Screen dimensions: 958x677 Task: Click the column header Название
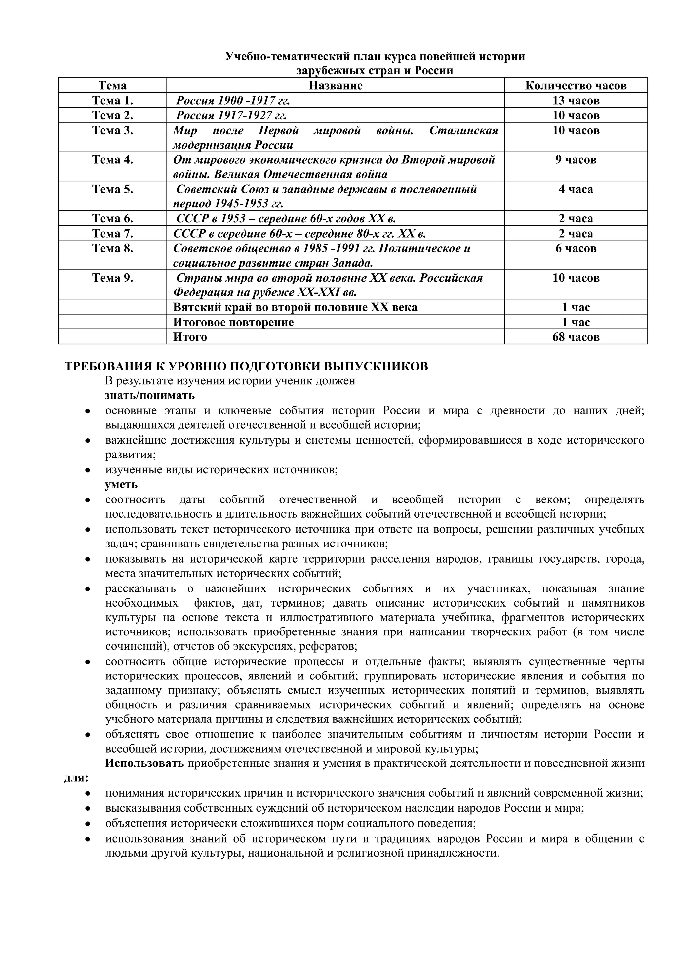[x=336, y=86]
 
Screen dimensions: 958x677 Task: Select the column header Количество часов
[x=576, y=86]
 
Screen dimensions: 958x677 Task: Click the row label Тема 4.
[x=112, y=160]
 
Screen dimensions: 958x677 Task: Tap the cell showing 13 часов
[x=576, y=101]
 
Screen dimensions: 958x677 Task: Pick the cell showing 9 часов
[x=576, y=160]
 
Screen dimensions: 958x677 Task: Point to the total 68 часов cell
[x=576, y=337]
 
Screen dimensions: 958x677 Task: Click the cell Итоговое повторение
[x=233, y=322]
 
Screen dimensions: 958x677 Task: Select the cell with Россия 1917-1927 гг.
[x=231, y=115]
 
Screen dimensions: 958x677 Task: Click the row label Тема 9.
[x=112, y=278]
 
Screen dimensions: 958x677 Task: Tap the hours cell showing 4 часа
[x=576, y=190]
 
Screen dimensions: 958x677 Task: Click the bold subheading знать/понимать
[x=150, y=395]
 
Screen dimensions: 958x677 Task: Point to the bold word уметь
[x=121, y=484]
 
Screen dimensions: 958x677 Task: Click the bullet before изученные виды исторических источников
[x=88, y=470]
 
